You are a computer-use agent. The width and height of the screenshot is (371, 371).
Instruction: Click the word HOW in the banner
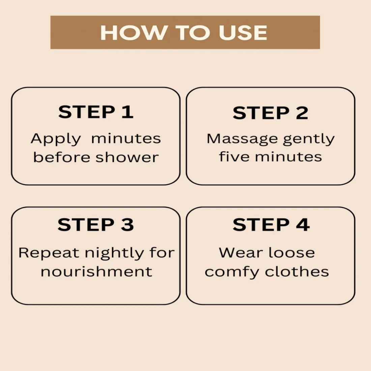pos(133,32)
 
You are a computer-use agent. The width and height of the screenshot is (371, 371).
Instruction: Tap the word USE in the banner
pos(243,32)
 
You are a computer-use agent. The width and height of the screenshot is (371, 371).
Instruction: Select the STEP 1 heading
pos(96,112)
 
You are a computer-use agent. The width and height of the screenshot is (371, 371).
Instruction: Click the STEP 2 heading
pos(270,113)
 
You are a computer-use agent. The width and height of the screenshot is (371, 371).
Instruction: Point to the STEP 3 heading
pos(96,225)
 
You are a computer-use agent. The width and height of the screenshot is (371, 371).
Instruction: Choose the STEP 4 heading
pos(271,225)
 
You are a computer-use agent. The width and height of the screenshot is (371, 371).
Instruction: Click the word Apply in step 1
pos(56,139)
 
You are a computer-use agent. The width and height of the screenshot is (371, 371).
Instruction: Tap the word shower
pos(127,157)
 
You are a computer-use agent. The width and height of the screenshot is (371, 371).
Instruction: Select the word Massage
pos(242,139)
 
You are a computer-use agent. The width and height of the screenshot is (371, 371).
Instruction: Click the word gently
pos(309,139)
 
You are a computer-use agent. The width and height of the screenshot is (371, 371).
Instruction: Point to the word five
pos(234,156)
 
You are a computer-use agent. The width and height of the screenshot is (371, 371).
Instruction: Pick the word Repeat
pos(49,253)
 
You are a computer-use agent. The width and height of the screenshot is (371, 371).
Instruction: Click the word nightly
pos(114,253)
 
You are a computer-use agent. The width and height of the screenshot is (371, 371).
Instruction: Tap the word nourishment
pos(96,271)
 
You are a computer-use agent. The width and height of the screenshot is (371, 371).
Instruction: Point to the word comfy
pos(232,272)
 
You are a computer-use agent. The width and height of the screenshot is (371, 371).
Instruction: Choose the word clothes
pos(297,271)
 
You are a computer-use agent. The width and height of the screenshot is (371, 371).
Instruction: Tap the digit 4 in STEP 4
pos(303,225)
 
